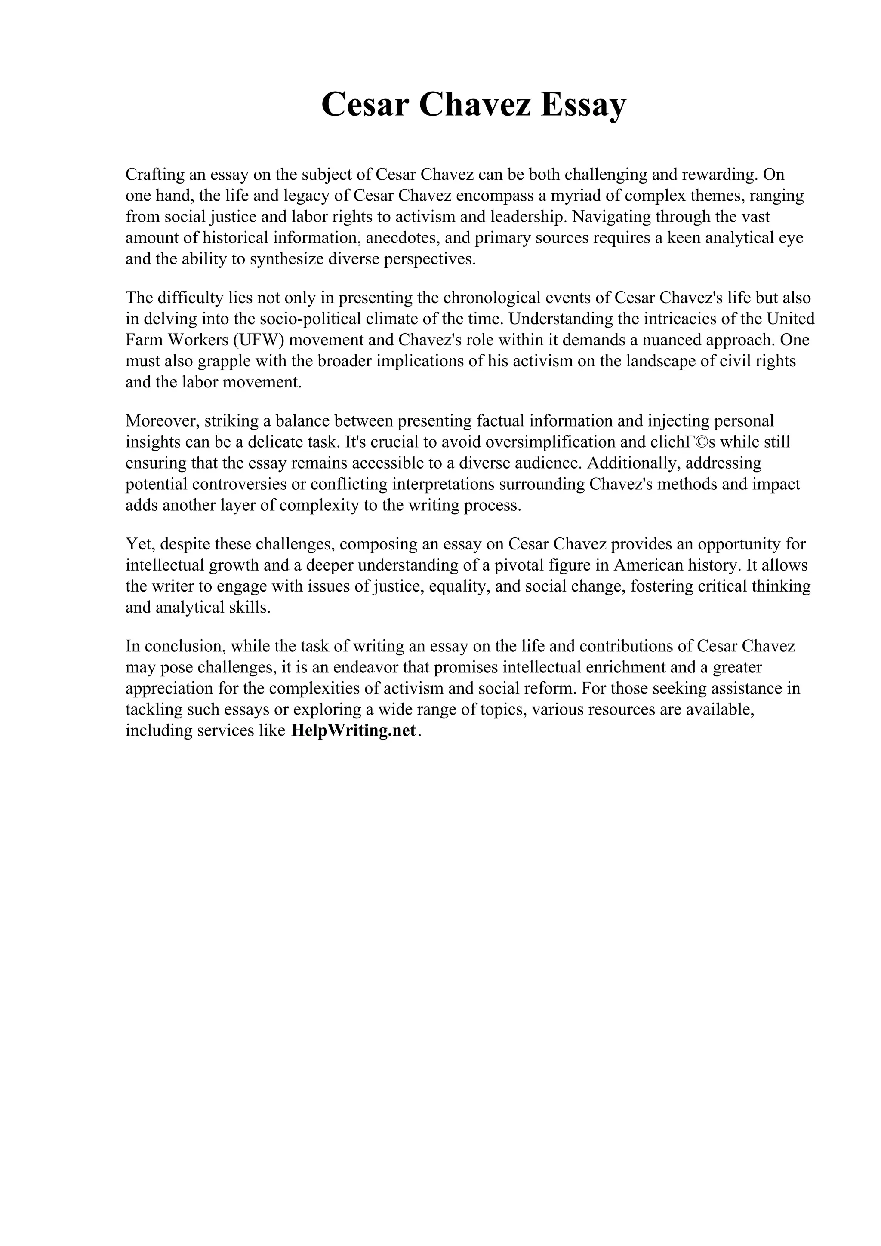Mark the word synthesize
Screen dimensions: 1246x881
click(286, 259)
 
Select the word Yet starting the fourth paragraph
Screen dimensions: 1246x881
click(139, 544)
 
